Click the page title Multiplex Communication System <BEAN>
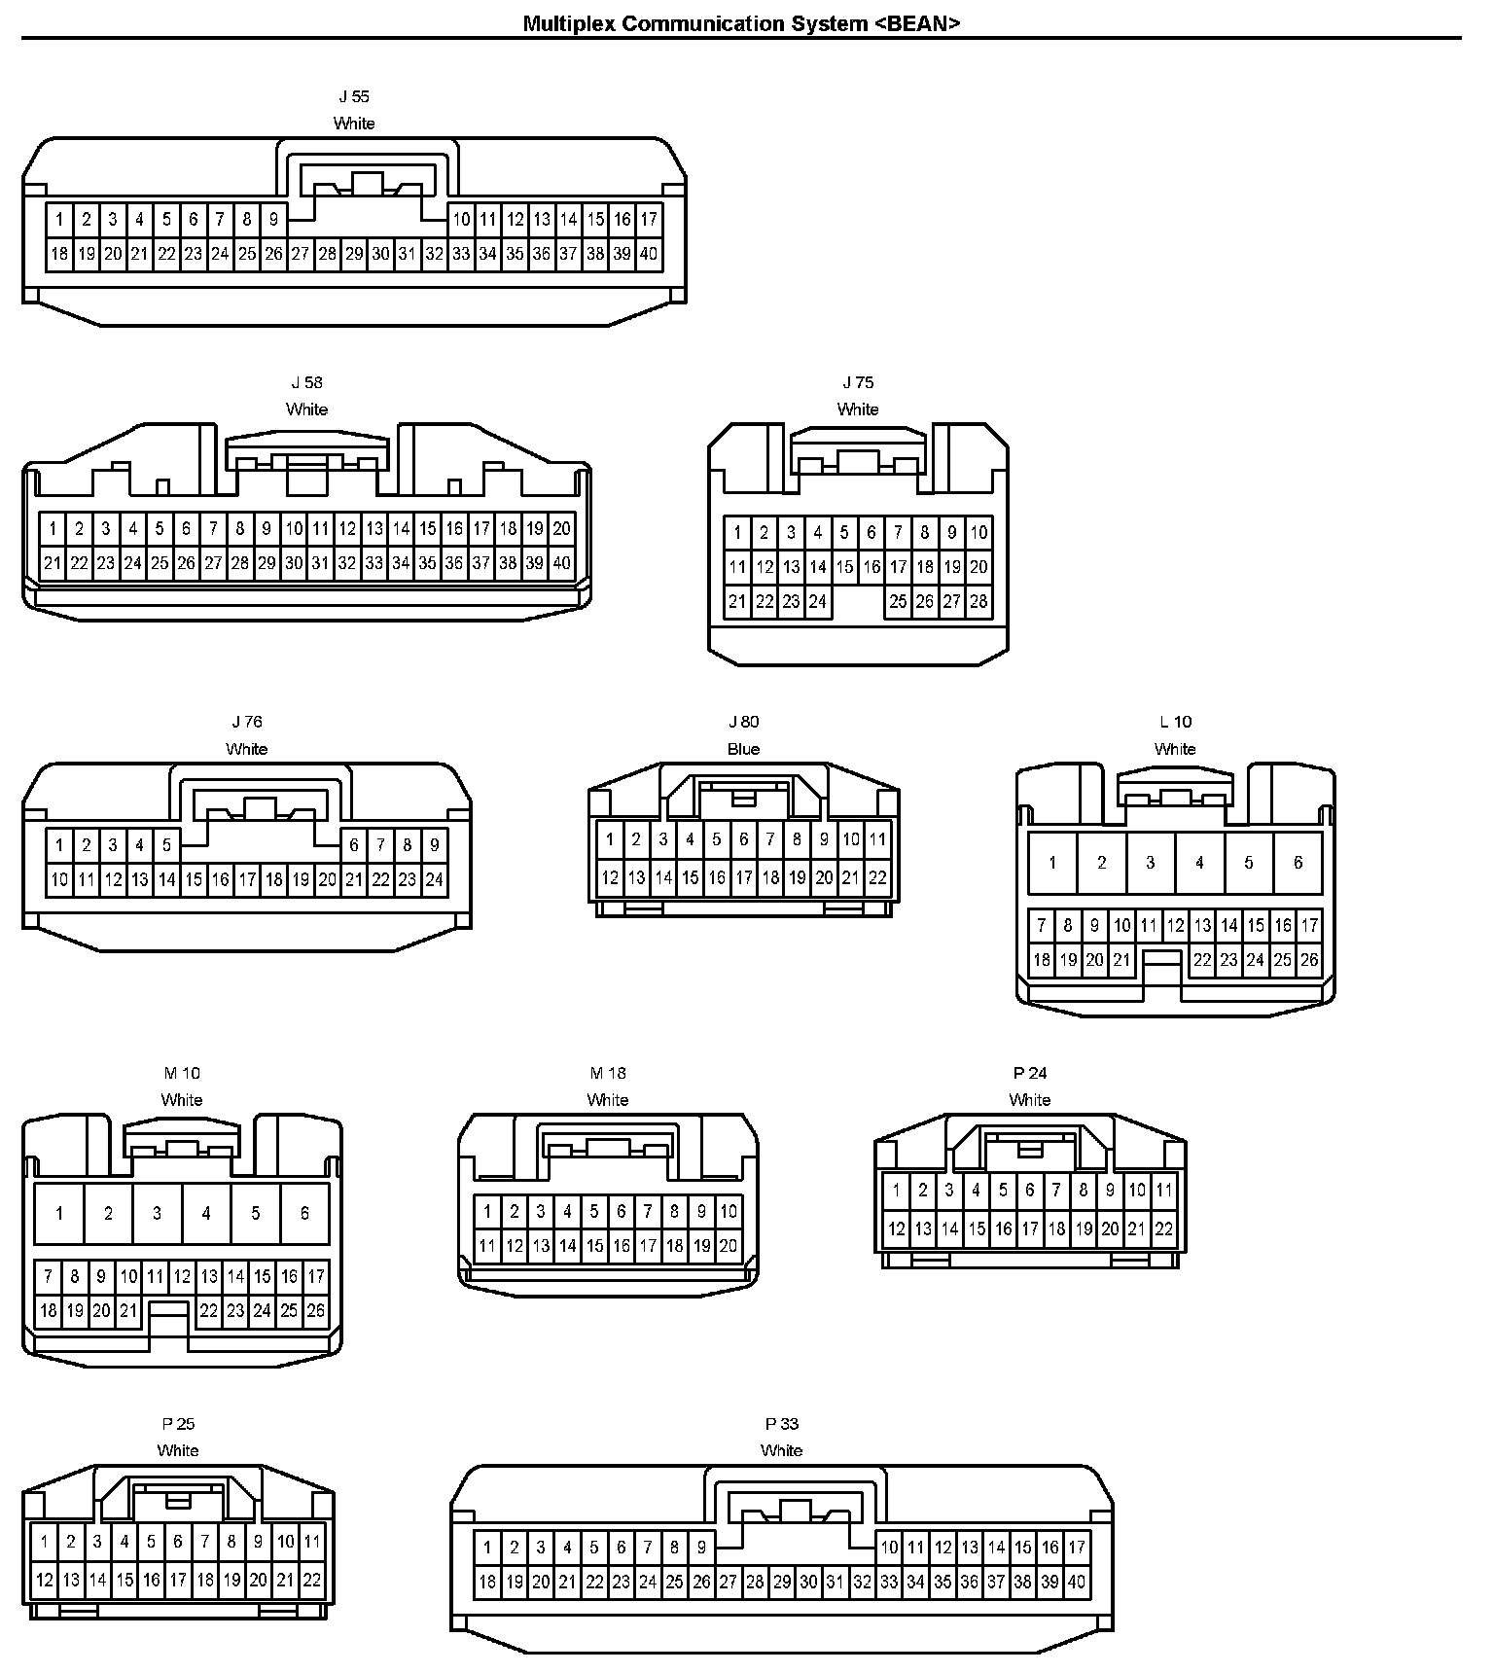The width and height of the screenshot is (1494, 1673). point(741,24)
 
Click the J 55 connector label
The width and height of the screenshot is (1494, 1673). point(354,97)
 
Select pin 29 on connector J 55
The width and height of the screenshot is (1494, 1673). point(354,255)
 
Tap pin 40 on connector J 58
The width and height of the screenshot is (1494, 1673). point(561,563)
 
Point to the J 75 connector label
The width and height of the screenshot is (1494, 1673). point(858,382)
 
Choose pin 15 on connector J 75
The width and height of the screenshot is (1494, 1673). point(844,567)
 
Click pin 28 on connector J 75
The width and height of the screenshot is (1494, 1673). point(978,602)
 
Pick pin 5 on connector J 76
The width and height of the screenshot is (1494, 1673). point(166,845)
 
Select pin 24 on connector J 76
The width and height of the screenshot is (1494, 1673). point(434,880)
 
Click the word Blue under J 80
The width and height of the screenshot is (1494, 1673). point(743,749)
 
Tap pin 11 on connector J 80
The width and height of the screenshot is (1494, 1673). point(877,839)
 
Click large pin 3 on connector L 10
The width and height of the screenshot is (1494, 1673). point(1151,863)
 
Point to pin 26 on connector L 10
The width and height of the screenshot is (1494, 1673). point(1309,961)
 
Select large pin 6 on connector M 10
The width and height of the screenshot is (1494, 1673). point(304,1214)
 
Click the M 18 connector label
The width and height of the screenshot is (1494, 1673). point(608,1073)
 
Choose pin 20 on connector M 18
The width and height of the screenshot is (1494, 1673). point(729,1246)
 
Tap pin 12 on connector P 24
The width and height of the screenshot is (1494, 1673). point(897,1229)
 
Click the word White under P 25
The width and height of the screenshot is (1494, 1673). point(178,1450)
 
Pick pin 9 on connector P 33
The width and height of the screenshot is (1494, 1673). point(701,1548)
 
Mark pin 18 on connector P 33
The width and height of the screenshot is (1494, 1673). point(487,1583)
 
